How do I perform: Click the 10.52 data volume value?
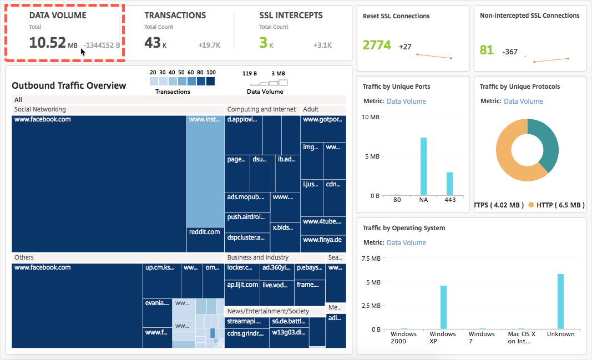47,43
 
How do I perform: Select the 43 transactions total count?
152,43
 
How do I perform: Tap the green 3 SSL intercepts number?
264,43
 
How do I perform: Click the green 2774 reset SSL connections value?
377,45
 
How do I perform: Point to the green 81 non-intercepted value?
487,50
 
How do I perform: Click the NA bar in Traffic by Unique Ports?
423,166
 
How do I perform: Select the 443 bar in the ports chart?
449,184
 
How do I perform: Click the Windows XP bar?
443,307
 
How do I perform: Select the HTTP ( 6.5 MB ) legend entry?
556,205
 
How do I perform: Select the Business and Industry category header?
258,257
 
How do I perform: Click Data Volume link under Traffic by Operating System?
406,243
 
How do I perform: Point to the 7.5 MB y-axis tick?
371,259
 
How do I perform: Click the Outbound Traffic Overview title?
69,85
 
